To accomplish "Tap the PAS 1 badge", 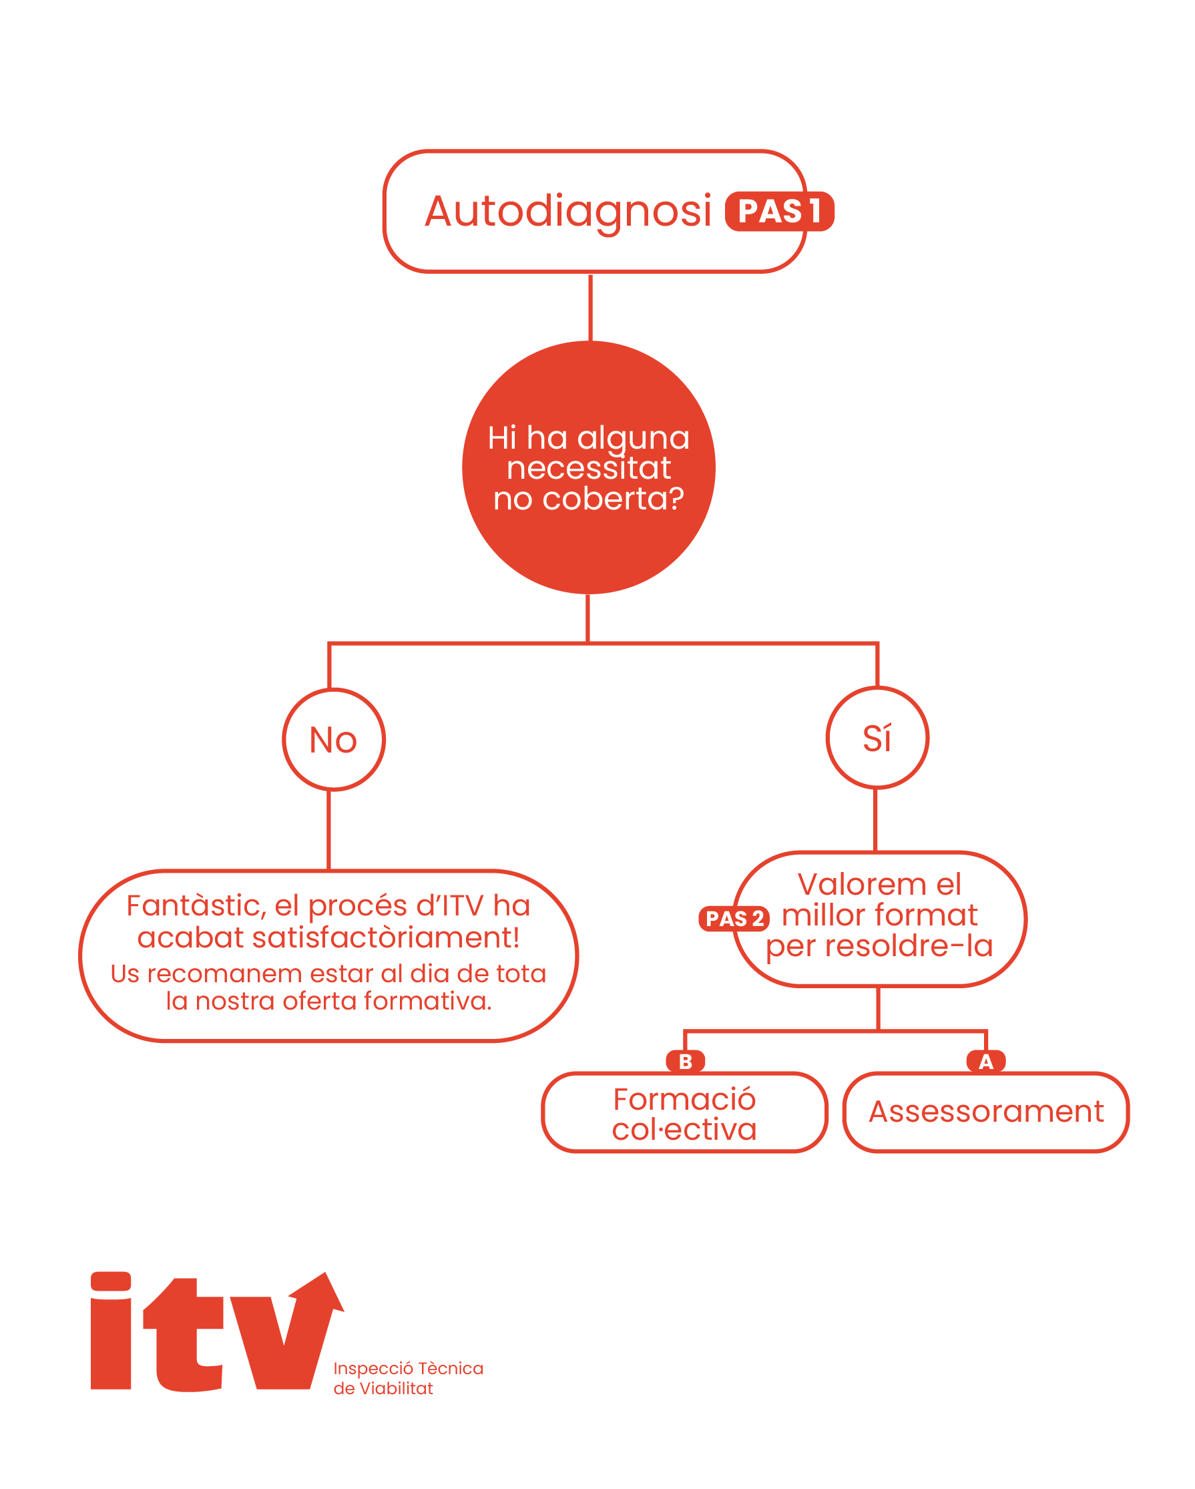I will point(778,212).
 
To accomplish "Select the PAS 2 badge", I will point(734,919).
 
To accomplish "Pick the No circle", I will point(333,740).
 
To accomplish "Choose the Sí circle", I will point(877,738).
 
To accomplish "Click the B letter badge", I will point(685,1062).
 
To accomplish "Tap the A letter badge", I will point(986,1062).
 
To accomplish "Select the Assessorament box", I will point(986,1112).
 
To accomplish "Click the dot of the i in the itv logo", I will point(111,1281).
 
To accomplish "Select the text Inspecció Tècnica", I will point(408,1368).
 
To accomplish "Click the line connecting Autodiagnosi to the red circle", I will point(590,307).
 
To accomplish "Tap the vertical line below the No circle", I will point(328,829).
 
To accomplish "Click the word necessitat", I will point(588,468).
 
